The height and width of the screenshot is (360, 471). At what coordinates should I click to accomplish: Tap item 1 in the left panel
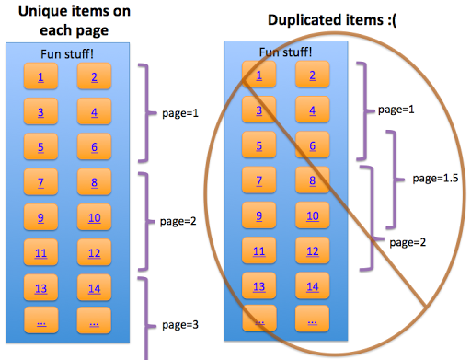coord(40,76)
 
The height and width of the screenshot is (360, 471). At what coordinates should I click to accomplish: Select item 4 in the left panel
coord(94,112)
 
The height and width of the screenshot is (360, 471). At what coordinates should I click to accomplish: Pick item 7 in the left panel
coord(40,182)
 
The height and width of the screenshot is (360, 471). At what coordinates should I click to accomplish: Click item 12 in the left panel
coord(94,252)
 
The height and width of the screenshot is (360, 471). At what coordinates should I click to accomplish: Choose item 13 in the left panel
coord(40,287)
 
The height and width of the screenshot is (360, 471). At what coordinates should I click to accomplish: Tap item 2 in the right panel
coord(313,76)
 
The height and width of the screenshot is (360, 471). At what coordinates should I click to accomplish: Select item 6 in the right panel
coord(313,146)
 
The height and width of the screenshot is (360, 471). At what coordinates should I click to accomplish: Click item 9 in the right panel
coord(259,217)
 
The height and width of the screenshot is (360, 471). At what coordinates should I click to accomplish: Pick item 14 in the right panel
coord(313,287)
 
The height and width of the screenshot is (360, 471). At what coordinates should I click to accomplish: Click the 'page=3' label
coord(180,324)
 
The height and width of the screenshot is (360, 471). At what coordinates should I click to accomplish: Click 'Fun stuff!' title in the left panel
coord(67,54)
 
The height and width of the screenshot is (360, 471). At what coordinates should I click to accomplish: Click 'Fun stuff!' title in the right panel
coord(284,52)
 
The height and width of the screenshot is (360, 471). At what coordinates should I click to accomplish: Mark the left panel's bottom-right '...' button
coord(94,322)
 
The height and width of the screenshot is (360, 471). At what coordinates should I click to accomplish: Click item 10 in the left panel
coord(94,217)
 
